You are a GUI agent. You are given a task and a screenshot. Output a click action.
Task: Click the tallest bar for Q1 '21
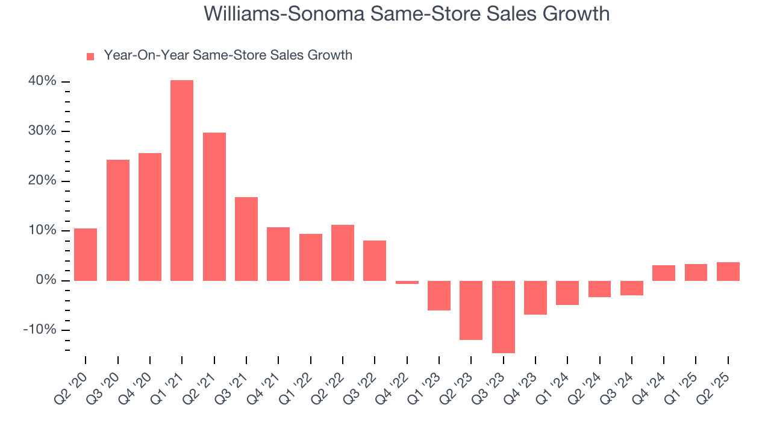[x=182, y=181]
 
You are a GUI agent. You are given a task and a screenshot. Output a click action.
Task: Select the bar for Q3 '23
[x=504, y=316]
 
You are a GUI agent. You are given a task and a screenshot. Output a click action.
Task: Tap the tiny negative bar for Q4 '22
[x=407, y=282]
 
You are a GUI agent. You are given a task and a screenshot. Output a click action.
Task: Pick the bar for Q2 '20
[x=86, y=254]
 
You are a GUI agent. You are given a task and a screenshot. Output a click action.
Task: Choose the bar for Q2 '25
[x=728, y=271]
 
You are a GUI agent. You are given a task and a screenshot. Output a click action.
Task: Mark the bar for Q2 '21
[x=214, y=207]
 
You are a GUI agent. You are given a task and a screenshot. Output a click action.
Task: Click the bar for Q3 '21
[x=246, y=239]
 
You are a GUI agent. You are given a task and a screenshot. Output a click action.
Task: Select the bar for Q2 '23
[x=471, y=310]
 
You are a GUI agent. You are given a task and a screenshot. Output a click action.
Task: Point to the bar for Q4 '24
[x=664, y=273]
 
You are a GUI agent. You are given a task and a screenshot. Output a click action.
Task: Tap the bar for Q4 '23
[x=535, y=297]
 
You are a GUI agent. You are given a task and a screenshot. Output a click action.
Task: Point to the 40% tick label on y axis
[x=42, y=81]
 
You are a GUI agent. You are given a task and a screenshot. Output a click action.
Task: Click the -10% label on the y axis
[x=40, y=330]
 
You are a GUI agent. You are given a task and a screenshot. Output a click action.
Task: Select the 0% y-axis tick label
[x=46, y=280]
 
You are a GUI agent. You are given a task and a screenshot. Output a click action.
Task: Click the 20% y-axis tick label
[x=42, y=181]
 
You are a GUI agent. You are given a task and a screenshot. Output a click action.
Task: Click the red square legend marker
[x=90, y=57]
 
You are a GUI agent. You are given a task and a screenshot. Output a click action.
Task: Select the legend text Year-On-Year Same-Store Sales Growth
[x=228, y=55]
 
